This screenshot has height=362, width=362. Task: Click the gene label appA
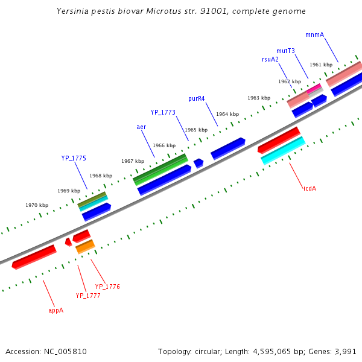tap(56, 310)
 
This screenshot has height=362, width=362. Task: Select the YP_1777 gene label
tap(87, 296)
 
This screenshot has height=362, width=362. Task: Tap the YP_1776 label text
tap(107, 287)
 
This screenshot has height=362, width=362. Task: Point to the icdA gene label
tap(310, 188)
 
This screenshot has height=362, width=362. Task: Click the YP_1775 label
tap(74, 158)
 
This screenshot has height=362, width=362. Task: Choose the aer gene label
tap(141, 127)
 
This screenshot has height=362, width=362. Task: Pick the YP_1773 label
tap(163, 112)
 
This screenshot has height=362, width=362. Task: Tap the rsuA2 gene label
tap(270, 59)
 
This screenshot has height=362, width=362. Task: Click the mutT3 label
tap(285, 51)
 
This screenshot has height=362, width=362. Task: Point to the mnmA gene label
tap(314, 34)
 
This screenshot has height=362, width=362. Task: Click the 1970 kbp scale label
tap(36, 205)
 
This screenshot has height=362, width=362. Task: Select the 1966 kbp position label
tap(164, 145)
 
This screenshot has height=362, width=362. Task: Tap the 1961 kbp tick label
tap(321, 65)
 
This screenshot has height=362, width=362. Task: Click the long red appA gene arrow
tap(34, 257)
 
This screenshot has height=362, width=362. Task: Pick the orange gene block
tap(85, 246)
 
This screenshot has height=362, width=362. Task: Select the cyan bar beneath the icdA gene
tap(283, 151)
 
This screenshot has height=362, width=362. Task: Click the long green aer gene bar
tap(160, 168)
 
